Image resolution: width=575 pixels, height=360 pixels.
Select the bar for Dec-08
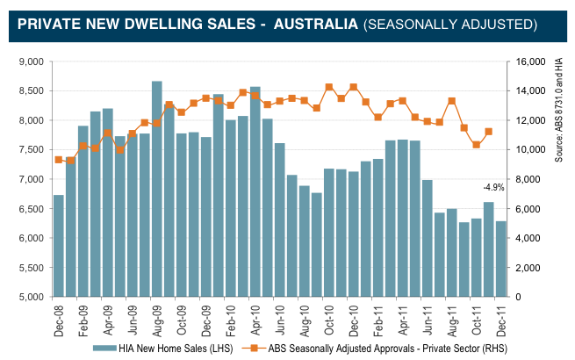pos(59,246)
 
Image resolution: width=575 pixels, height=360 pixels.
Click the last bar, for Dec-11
pos(500,259)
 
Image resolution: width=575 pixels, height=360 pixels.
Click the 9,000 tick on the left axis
pos(32,62)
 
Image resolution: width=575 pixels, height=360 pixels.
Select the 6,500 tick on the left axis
pos(32,209)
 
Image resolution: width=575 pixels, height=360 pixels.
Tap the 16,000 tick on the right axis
pos(530,62)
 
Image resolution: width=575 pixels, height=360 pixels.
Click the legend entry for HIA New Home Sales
pos(162,348)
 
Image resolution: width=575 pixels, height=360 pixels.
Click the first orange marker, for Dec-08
pos(59,159)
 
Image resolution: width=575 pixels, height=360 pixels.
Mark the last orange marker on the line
pos(488,132)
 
